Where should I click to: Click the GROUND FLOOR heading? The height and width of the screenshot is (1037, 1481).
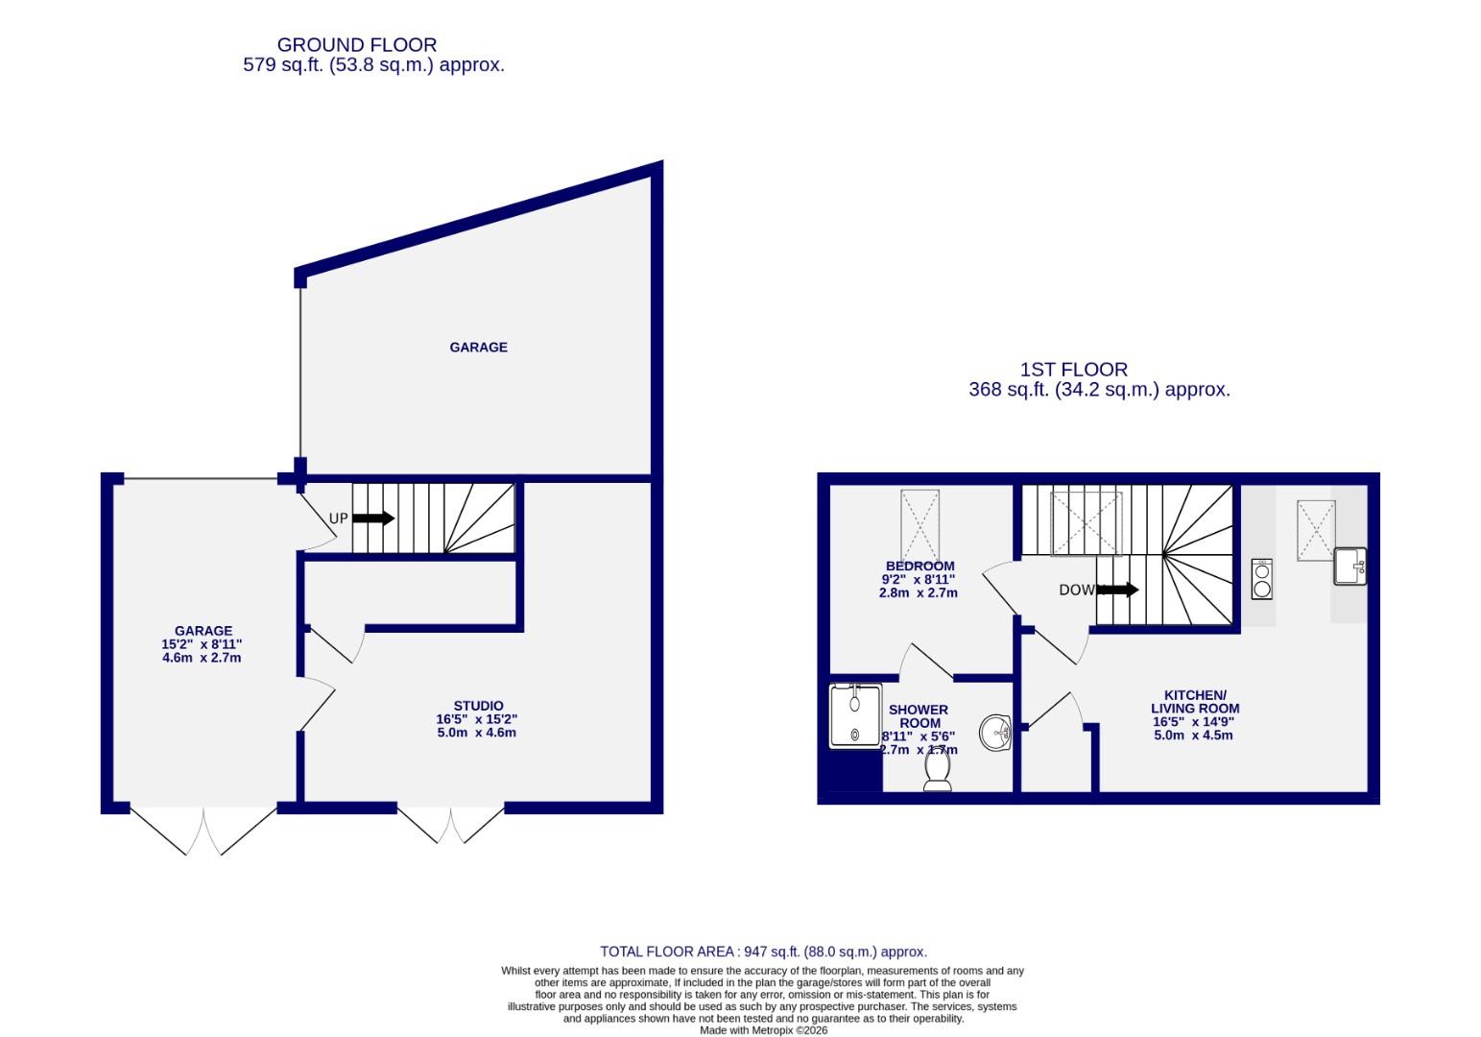(x=357, y=45)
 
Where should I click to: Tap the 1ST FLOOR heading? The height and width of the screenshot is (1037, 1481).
(x=1073, y=370)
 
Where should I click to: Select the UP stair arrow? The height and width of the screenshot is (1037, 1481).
(x=373, y=518)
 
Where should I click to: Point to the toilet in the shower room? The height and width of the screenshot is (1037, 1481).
(x=938, y=770)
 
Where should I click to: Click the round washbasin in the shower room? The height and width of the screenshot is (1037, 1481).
(x=996, y=734)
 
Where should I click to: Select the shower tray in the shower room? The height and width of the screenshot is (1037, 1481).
(x=855, y=715)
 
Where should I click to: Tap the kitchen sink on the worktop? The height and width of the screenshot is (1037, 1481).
(x=1350, y=567)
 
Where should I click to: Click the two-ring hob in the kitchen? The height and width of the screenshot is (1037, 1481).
(x=1262, y=579)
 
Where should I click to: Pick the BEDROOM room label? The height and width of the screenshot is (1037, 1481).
(x=920, y=567)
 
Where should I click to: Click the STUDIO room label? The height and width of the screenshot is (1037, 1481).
(x=478, y=706)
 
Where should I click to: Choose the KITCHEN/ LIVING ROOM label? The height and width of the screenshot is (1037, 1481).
(x=1195, y=702)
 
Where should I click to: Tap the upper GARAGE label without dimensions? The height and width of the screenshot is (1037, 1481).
(x=478, y=348)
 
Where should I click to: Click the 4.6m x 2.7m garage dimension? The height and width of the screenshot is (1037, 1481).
(x=202, y=658)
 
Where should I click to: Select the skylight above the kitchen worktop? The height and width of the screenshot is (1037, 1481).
(x=1316, y=530)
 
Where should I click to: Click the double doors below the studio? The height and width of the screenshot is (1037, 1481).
(x=450, y=824)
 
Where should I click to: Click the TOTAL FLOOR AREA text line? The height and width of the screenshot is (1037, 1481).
(x=763, y=952)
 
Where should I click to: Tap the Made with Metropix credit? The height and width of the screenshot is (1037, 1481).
(x=763, y=1030)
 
